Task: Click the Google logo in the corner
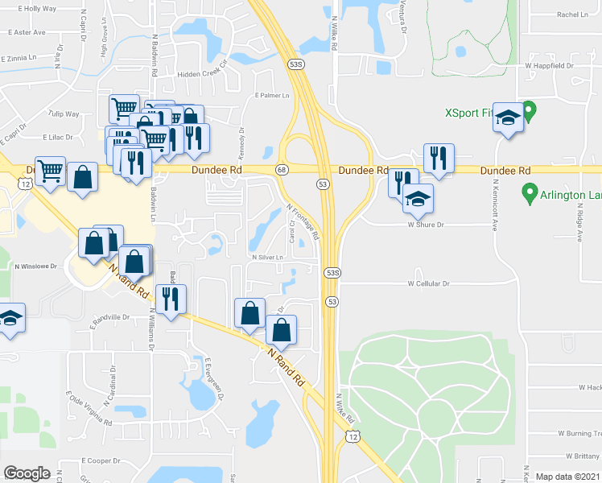pos(27,473)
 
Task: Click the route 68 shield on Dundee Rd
pos(282,170)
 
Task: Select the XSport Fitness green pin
pos(529,108)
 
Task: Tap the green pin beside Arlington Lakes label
pos(529,192)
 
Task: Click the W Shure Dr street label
pos(426,225)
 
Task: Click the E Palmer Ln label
pos(271,96)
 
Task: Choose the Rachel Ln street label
pos(573,14)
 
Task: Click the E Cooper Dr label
pos(101,461)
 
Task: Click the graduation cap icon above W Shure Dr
pos(418,199)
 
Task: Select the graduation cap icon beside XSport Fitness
pos(508,117)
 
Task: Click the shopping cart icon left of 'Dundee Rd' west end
pos(50,171)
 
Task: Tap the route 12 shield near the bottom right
pos(353,436)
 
